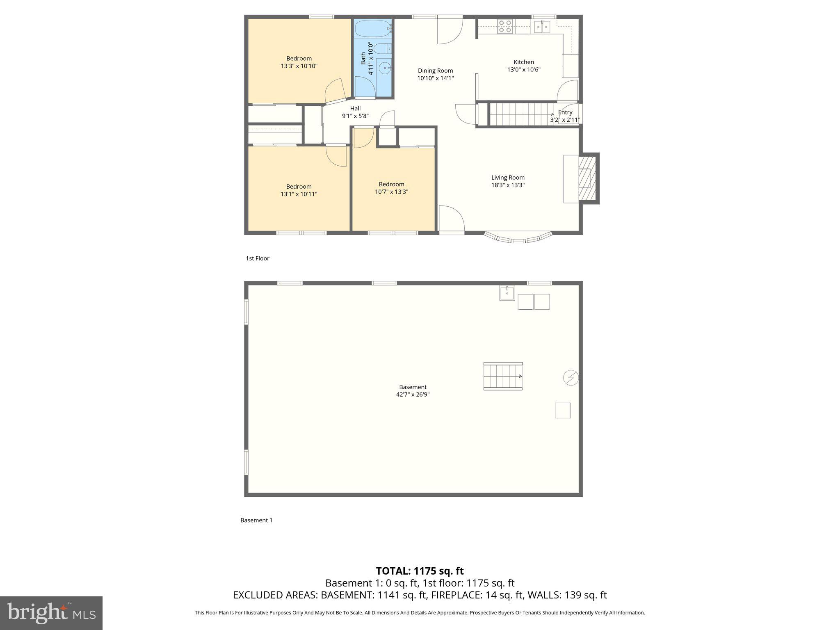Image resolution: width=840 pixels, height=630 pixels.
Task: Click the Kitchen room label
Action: (x=524, y=62)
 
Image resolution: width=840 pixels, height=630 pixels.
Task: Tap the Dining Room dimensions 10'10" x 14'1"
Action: (x=435, y=78)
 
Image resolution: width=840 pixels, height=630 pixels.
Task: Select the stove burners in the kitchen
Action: (x=504, y=26)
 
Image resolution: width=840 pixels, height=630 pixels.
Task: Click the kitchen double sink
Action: (x=542, y=27)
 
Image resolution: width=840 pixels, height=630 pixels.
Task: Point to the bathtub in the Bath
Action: (x=373, y=28)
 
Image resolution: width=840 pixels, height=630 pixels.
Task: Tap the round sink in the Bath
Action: (x=385, y=68)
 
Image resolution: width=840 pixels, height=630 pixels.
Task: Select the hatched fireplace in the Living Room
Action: (x=587, y=178)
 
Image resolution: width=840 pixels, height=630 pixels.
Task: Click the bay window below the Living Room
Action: (x=518, y=238)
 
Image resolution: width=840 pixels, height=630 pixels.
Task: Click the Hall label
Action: (x=355, y=109)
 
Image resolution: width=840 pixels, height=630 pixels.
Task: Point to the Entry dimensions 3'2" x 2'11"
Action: (x=565, y=120)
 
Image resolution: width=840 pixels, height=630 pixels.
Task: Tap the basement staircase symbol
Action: (x=503, y=376)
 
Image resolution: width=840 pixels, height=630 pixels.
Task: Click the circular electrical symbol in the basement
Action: (x=571, y=377)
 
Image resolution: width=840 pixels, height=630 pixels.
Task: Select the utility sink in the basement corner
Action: (x=507, y=293)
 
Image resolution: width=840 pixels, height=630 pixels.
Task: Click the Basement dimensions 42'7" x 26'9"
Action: (x=413, y=395)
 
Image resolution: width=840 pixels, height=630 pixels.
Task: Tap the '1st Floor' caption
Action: (x=258, y=258)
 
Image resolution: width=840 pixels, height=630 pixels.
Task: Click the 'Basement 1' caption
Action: (x=256, y=520)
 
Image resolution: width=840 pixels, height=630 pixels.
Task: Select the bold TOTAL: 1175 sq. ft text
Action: (x=420, y=571)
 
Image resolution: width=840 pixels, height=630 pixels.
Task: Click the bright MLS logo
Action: (x=51, y=613)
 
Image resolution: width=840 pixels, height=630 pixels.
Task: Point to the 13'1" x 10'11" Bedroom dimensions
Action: (x=299, y=194)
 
